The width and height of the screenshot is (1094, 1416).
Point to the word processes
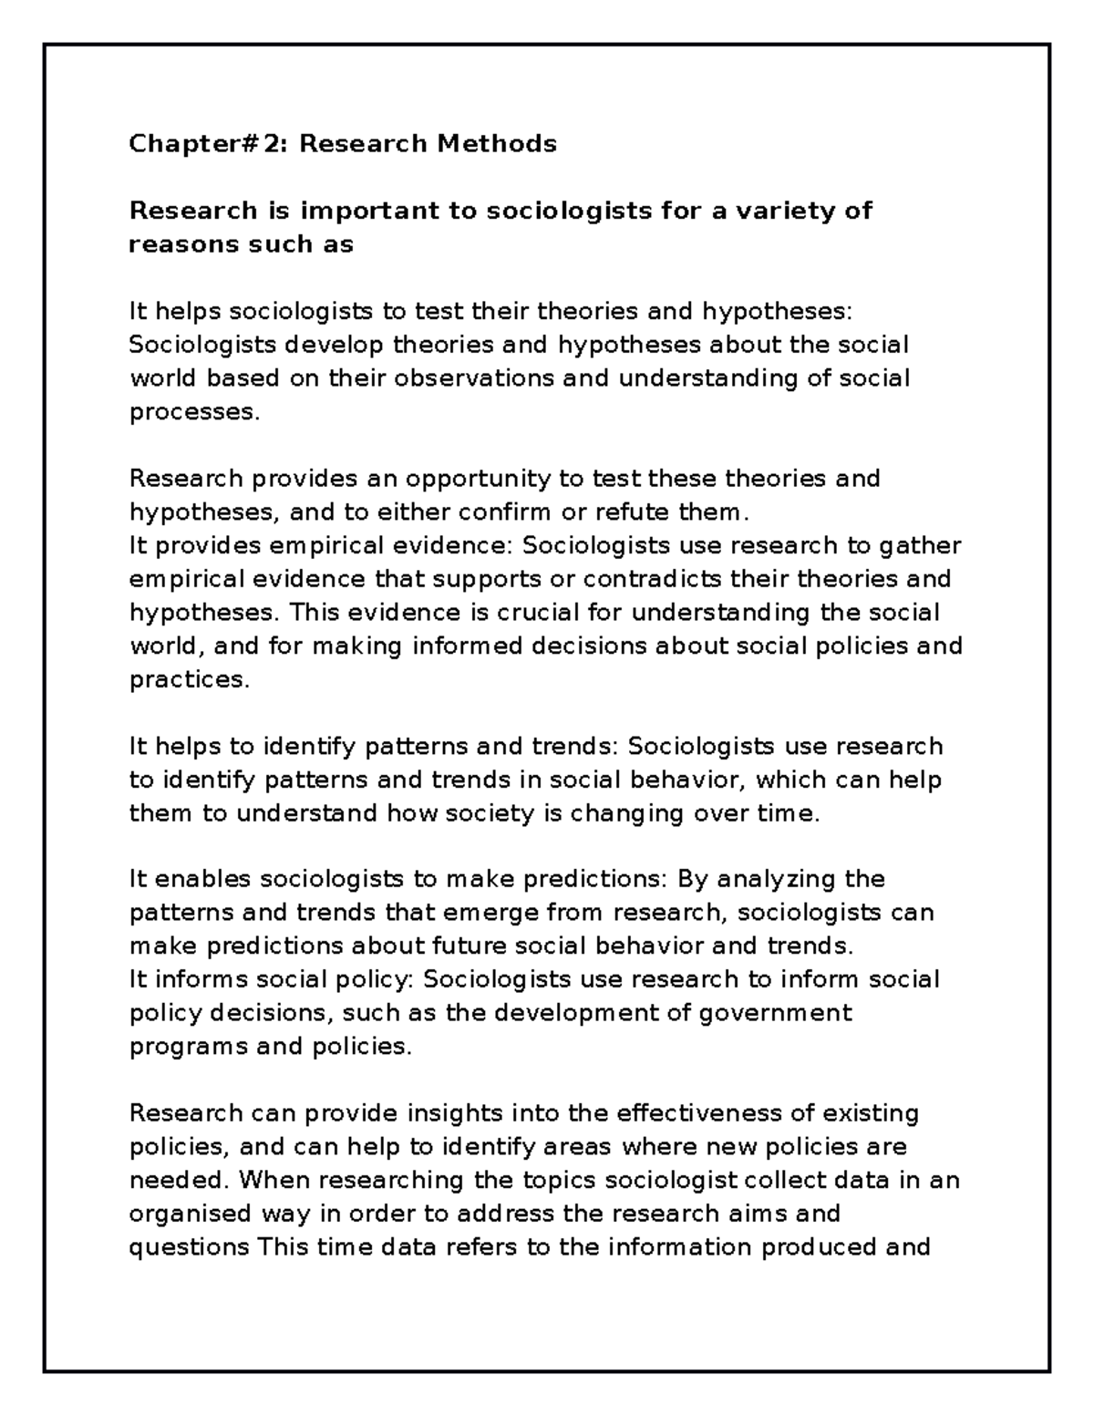(x=194, y=412)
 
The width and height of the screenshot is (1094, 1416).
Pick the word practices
(x=189, y=679)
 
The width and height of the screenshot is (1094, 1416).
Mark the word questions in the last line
(x=189, y=1247)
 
